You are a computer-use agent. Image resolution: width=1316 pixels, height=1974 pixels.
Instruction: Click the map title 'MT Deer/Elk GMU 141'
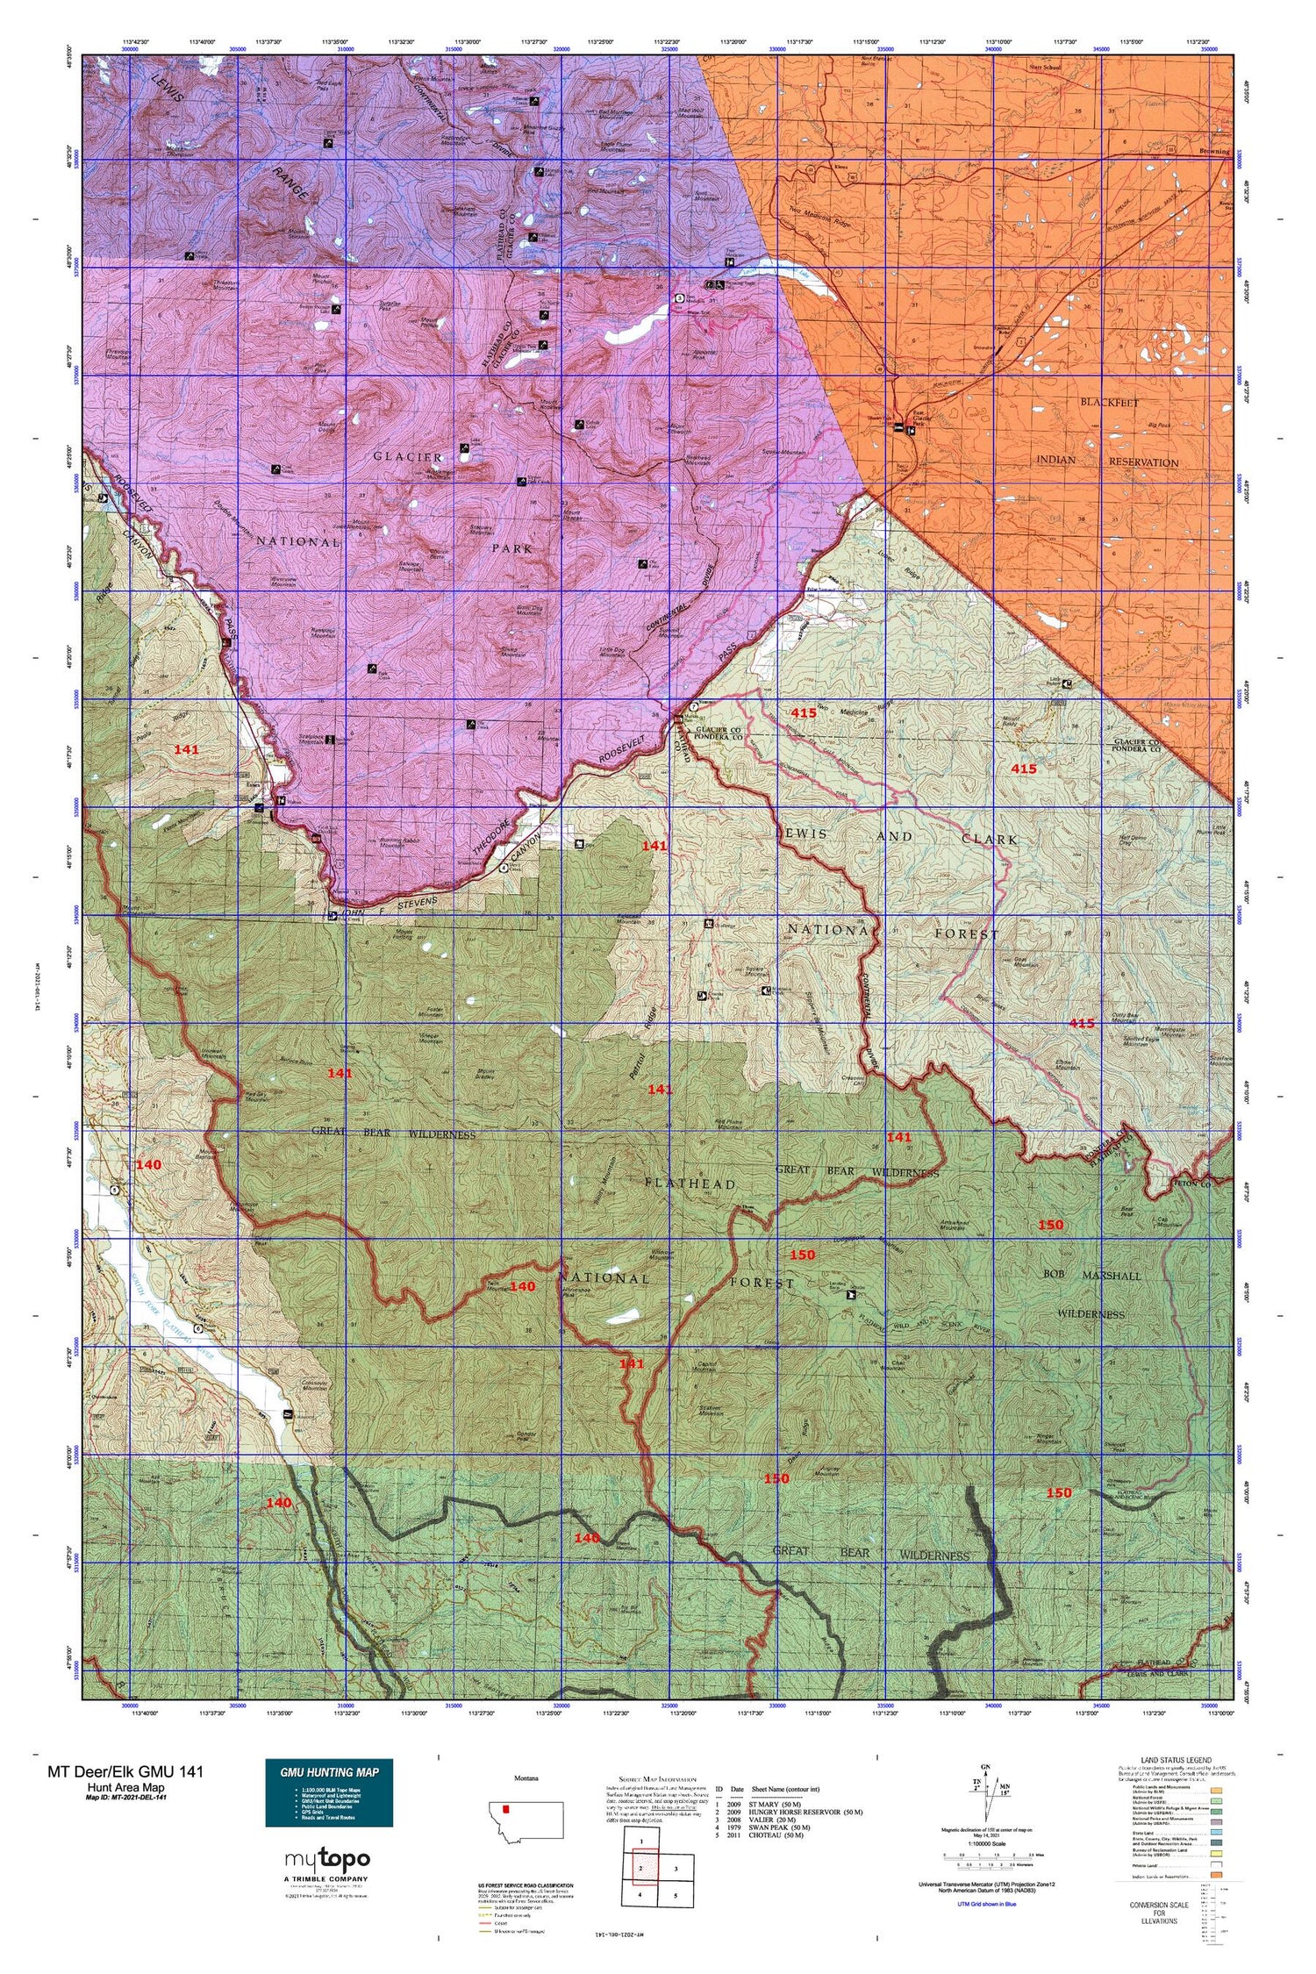coord(125,1771)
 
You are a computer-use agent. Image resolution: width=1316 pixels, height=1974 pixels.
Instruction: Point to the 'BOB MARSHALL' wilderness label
coord(1091,1276)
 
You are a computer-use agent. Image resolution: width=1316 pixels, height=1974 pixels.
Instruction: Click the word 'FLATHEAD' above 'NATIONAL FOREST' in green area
coord(690,1184)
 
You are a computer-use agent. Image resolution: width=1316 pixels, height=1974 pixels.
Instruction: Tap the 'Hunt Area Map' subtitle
coord(125,1787)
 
